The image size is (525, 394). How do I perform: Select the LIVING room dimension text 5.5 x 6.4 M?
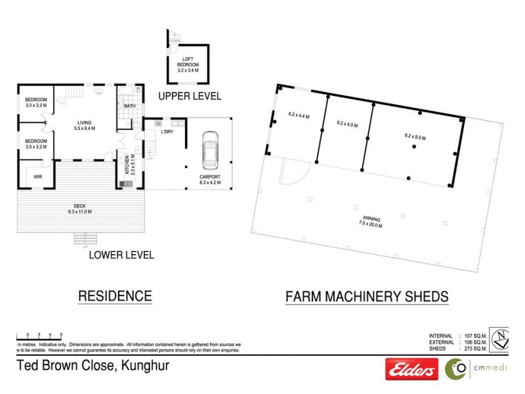(x=85, y=129)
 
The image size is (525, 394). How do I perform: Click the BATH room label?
(x=129, y=106)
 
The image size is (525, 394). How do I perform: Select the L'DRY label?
(x=167, y=133)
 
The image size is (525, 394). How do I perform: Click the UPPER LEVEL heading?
(x=190, y=97)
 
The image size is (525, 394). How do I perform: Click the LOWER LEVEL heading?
(x=121, y=255)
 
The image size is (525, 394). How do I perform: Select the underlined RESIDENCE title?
(x=115, y=296)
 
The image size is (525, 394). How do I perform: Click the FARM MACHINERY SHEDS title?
(x=367, y=297)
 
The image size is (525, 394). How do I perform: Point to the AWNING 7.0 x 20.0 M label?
(x=371, y=222)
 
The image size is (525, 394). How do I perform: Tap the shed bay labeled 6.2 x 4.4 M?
(x=299, y=116)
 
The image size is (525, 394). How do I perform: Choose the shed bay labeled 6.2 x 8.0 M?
(x=415, y=138)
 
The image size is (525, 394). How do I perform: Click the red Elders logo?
(x=411, y=370)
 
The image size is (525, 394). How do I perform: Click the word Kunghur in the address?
(x=143, y=366)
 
